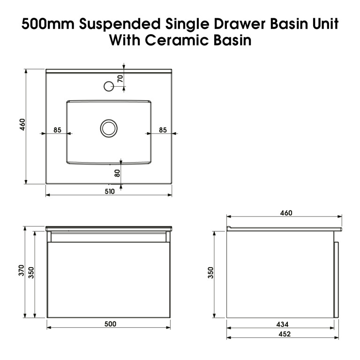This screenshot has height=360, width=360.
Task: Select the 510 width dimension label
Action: tap(110, 191)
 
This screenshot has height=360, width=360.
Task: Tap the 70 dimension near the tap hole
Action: tap(120, 79)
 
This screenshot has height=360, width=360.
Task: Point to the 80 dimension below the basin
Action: tap(117, 173)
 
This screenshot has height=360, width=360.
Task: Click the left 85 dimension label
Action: tap(57, 130)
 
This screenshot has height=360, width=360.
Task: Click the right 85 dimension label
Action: tap(163, 130)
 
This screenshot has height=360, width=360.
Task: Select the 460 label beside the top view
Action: tap(22, 125)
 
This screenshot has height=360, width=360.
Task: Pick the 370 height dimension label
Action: tap(22, 270)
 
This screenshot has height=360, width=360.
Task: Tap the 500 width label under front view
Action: tap(110, 324)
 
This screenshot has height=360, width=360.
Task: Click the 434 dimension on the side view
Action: tap(282, 324)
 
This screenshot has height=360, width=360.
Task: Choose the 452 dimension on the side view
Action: tap(285, 334)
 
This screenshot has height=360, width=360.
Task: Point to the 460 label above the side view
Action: tap(286, 213)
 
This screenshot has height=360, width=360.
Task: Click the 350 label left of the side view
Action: tap(210, 273)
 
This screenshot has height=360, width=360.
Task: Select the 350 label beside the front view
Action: tap(31, 273)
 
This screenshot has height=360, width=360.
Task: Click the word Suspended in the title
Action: tap(120, 24)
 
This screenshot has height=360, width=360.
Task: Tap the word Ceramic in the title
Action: tap(177, 40)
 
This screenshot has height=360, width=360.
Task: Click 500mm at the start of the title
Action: tap(48, 24)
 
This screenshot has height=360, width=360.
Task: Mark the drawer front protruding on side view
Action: tap(337, 280)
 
